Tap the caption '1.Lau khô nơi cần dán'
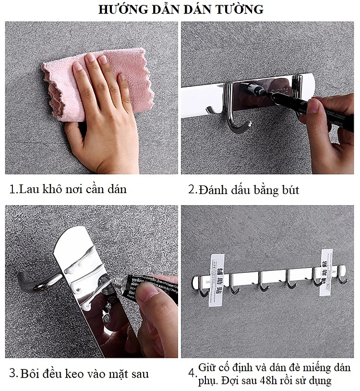[68, 189]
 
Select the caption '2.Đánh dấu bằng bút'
[243, 190]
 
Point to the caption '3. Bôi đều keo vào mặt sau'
[79, 373]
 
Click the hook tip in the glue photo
[22, 278]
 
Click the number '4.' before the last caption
[192, 373]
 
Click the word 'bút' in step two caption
[288, 190]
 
